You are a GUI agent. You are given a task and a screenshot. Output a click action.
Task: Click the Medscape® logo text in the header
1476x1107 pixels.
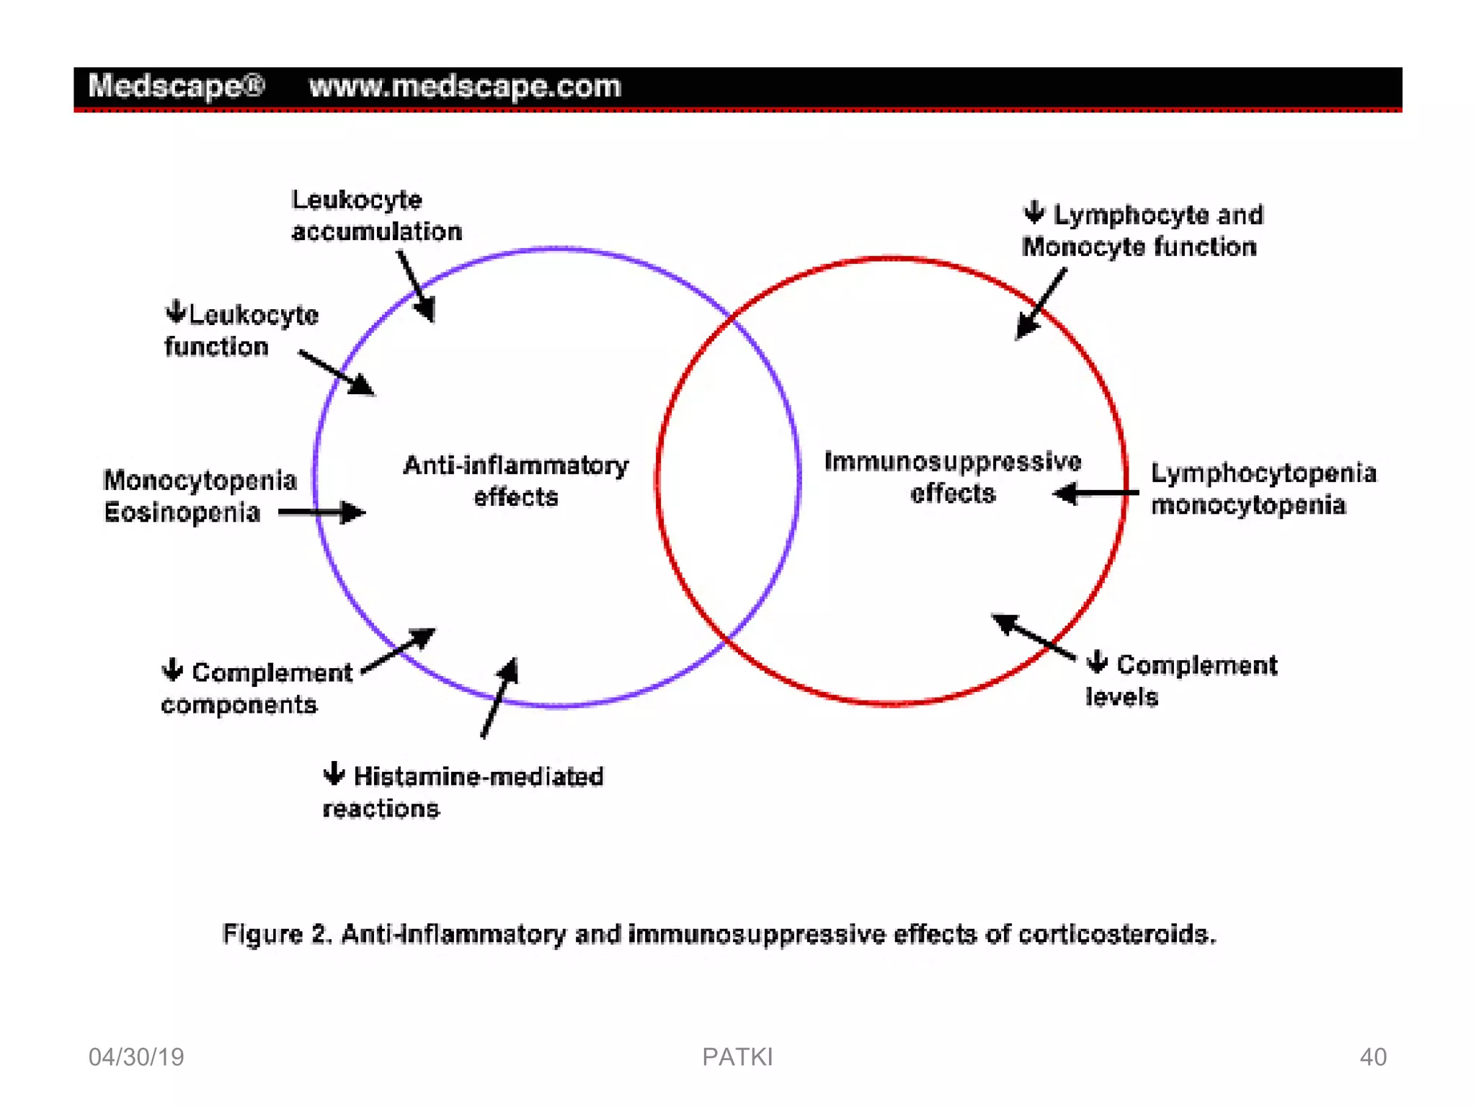[x=177, y=86]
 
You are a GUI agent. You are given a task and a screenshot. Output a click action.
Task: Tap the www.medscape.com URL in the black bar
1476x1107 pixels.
[x=465, y=86]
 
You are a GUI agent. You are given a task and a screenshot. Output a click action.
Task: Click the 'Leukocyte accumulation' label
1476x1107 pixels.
[x=376, y=215]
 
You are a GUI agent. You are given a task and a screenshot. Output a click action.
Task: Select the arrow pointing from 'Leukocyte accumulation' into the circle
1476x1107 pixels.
[x=417, y=287]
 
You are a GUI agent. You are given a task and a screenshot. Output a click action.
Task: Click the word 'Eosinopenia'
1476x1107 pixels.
[x=182, y=512]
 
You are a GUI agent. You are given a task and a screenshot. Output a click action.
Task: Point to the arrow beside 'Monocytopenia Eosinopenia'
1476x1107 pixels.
[x=322, y=512]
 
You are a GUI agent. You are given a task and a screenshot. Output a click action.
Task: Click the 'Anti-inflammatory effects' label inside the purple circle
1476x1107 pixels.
[x=515, y=481]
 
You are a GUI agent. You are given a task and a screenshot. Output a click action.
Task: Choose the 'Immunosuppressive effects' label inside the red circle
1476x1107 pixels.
[x=952, y=477]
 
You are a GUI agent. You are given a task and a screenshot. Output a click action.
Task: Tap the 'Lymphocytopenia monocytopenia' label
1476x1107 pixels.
[x=1263, y=489]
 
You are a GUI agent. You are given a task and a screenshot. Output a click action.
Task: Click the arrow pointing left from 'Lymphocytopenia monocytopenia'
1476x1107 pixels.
[x=1095, y=494]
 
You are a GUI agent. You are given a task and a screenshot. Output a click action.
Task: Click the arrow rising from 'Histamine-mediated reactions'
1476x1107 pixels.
[x=499, y=698]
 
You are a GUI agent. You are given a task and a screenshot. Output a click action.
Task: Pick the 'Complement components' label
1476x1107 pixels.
[x=256, y=688]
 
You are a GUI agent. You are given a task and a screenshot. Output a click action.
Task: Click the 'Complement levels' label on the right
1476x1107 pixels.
[x=1182, y=680]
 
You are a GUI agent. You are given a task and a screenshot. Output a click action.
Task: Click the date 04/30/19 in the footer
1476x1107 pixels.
[x=136, y=1057]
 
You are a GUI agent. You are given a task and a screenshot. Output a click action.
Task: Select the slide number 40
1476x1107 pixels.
[x=1372, y=1057]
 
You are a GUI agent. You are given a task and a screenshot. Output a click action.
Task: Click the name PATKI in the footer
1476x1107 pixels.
[x=737, y=1057]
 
